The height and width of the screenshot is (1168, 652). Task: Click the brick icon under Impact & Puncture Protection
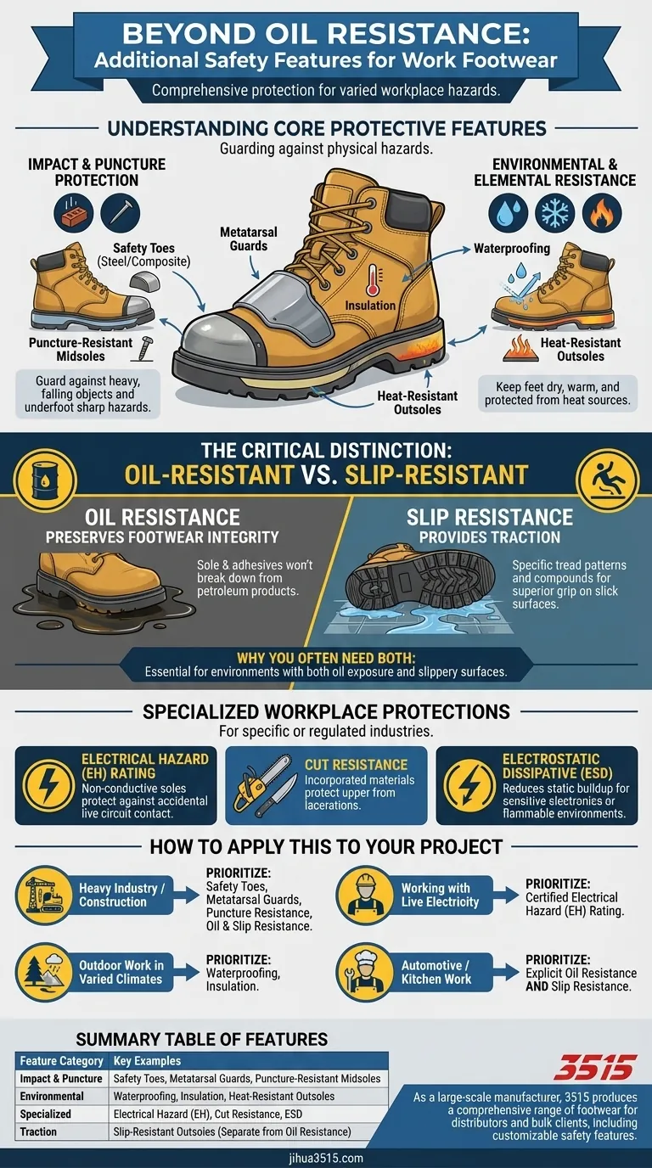pyautogui.click(x=73, y=214)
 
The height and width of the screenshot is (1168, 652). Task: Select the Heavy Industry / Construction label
pyautogui.click(x=118, y=895)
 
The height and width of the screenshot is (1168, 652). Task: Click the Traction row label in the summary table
pyautogui.click(x=40, y=1131)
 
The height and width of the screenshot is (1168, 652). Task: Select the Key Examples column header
pyautogui.click(x=147, y=1060)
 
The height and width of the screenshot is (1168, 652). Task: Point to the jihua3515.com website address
pyautogui.click(x=326, y=1158)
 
